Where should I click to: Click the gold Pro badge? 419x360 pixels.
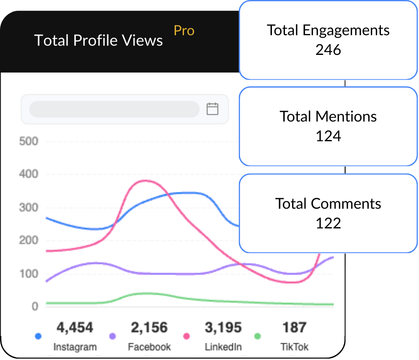tap(184, 31)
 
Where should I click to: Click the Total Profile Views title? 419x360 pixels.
tap(98, 41)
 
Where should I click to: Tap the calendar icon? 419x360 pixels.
tap(212, 109)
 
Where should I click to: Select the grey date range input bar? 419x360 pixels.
tap(114, 109)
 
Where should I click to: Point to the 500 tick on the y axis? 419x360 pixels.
tap(28, 141)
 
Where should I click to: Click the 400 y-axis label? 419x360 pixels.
tap(28, 174)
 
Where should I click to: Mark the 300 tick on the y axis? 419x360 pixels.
tap(28, 207)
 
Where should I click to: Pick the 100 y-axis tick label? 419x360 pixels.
tap(28, 274)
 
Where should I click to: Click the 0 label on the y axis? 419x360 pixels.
tap(35, 306)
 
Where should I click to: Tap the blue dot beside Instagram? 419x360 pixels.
tap(38, 336)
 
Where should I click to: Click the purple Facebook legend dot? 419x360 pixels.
tap(112, 336)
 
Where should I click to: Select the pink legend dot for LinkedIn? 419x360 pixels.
tap(186, 336)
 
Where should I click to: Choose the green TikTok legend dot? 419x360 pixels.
tap(258, 336)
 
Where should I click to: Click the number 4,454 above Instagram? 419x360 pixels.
tap(75, 328)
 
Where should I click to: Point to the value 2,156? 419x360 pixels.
tap(149, 328)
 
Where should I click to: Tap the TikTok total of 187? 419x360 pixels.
tap(295, 328)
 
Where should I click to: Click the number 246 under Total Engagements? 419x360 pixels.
tap(328, 50)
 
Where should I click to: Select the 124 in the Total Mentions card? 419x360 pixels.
tap(328, 136)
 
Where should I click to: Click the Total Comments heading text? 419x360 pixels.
tap(328, 203)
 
